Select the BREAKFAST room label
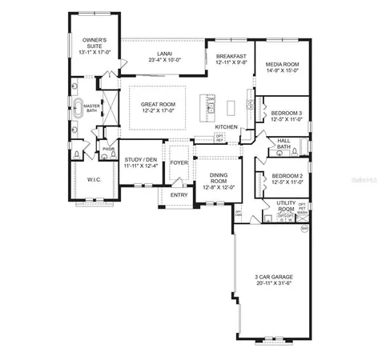pos(231,56)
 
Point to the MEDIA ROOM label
pos(283,65)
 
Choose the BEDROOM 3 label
pos(286,113)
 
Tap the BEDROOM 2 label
pos(286,175)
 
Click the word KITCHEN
pos(226,127)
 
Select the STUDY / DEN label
pos(141,160)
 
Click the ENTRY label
pos(179,194)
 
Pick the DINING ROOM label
pos(219,178)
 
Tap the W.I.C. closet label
pos(94,180)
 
